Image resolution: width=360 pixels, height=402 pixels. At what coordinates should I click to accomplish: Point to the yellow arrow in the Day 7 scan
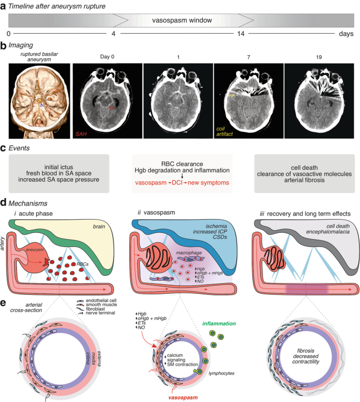click(232, 96)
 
